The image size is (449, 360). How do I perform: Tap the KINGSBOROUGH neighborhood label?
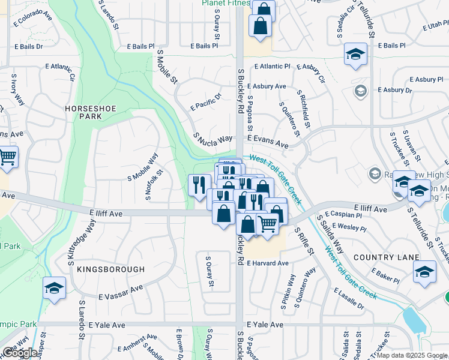coord(110,270)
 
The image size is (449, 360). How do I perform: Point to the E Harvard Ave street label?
coord(268,263)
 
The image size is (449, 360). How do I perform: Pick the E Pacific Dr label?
coord(206,101)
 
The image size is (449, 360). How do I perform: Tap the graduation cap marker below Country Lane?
coord(424,272)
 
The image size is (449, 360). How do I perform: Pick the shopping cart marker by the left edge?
coord(7,157)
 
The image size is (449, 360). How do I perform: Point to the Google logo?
coord(20,352)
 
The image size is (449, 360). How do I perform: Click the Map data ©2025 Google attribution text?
coord(412,355)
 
